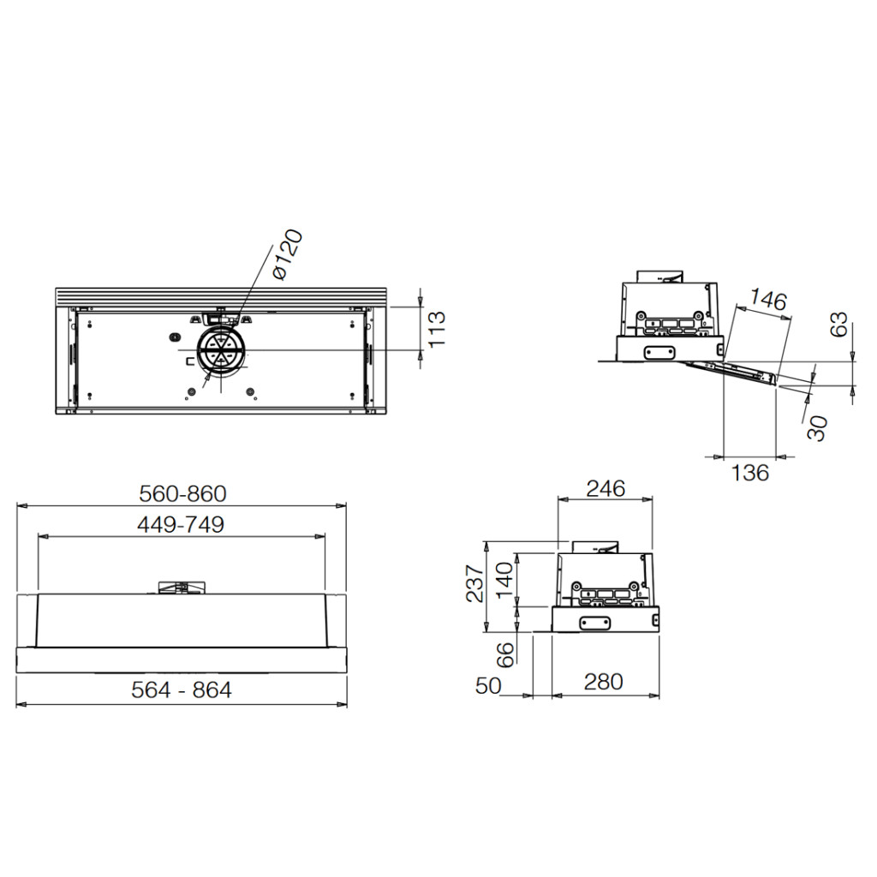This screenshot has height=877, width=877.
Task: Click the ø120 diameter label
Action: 287,254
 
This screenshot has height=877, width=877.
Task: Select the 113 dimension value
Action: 437,330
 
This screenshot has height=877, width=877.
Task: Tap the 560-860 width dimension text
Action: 183,494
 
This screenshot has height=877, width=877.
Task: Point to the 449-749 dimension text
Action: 181,525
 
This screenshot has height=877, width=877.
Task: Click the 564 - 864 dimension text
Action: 182,689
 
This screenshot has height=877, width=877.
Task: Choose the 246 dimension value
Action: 606,489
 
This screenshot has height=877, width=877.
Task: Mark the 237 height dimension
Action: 474,583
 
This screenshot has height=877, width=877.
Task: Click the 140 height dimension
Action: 504,580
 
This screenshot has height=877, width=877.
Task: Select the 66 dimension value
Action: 505,654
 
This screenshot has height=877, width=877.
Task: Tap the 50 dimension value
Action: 488,686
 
